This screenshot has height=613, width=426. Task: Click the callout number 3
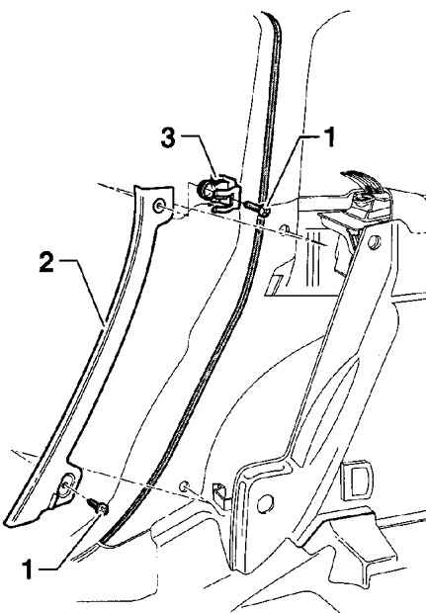(x=168, y=138)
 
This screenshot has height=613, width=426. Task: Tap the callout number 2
(x=46, y=262)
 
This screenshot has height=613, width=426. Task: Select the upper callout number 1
(x=331, y=137)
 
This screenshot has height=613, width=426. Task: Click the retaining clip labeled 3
(x=218, y=193)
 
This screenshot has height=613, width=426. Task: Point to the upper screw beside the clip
(x=256, y=208)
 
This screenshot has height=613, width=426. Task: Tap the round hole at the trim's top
(x=159, y=206)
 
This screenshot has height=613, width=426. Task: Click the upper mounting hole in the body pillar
(x=285, y=229)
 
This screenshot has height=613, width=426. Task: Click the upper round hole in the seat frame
(x=374, y=242)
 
